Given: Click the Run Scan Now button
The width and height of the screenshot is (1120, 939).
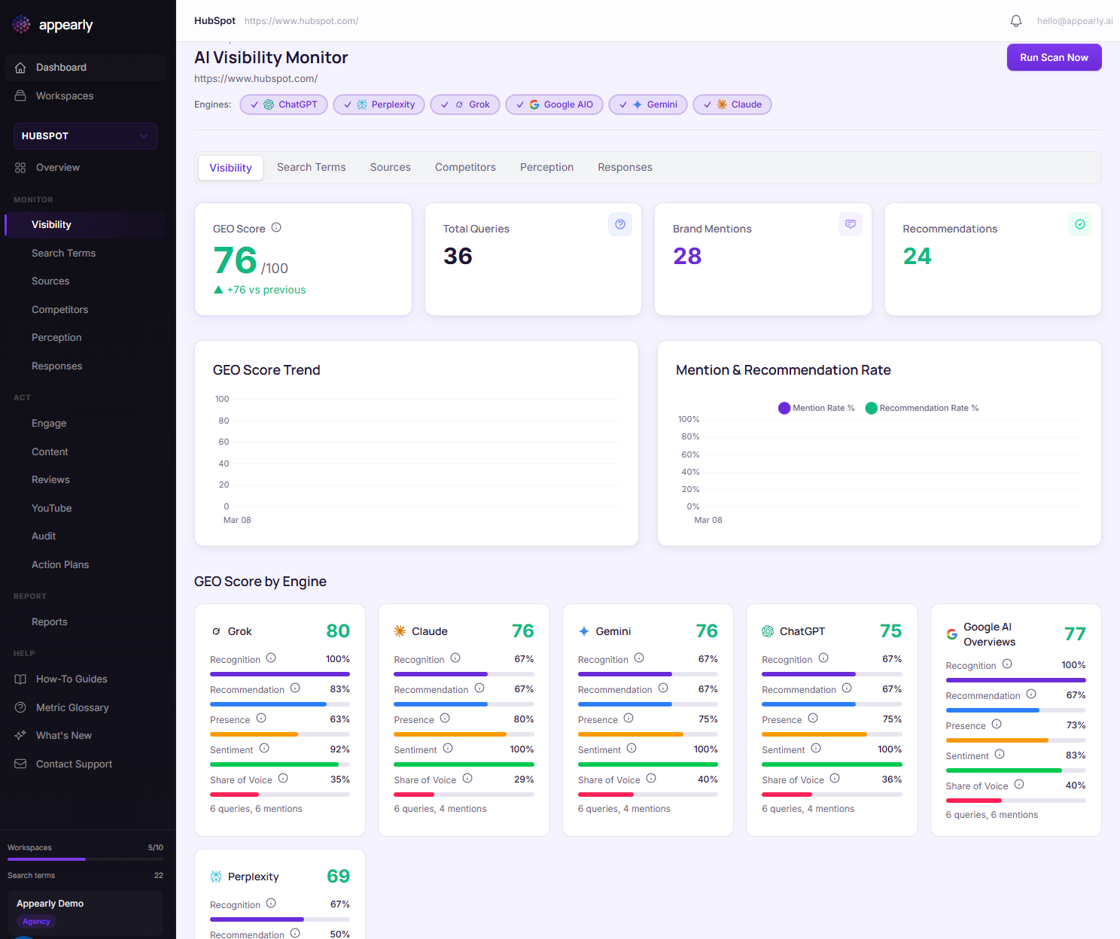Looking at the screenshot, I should coord(1054,58).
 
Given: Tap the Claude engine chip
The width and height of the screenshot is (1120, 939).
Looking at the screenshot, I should coord(732,105).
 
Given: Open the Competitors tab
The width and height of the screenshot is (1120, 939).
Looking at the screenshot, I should coord(465,168).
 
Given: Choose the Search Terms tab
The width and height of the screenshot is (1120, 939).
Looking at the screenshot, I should coord(311,168).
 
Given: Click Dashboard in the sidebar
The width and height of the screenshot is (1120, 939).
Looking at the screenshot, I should coord(61,68).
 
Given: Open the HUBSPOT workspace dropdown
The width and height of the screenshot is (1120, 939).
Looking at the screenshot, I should coord(85,136).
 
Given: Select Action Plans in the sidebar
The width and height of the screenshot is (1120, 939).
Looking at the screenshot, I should coord(60,565).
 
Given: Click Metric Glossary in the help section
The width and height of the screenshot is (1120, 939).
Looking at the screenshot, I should coord(72,708).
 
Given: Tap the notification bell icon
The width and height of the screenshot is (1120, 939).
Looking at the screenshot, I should coord(1015,21).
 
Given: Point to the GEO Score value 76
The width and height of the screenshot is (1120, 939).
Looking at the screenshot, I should coord(235,261).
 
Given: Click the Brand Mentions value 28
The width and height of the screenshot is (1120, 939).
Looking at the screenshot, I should coord(687,257).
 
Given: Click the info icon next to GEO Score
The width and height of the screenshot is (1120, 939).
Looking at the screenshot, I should coord(276,228).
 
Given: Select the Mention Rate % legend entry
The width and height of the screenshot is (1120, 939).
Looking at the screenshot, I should coord(817,409).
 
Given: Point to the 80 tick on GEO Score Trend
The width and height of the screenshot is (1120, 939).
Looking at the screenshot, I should coord(224,421).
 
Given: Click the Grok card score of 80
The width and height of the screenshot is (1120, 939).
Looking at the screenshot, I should coord(338,631).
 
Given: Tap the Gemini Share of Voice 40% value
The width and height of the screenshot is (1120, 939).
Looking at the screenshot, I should coord(708,779).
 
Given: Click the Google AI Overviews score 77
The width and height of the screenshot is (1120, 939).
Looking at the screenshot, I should coord(1075,634).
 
